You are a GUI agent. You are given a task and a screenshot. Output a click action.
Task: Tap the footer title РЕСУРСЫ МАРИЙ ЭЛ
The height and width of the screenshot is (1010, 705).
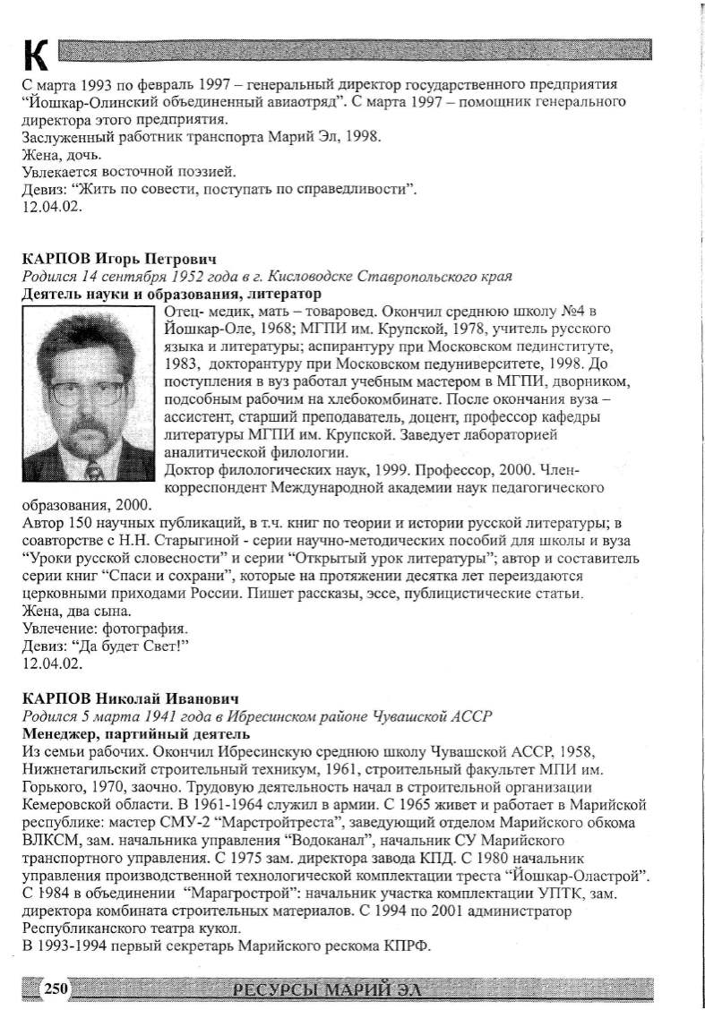324,989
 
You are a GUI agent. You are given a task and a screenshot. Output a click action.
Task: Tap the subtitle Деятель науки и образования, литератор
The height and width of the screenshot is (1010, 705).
172,294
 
